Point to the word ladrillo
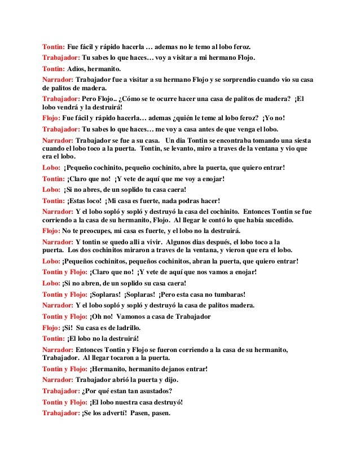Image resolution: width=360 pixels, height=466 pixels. tap(124, 327)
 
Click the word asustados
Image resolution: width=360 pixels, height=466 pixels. tap(154, 390)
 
